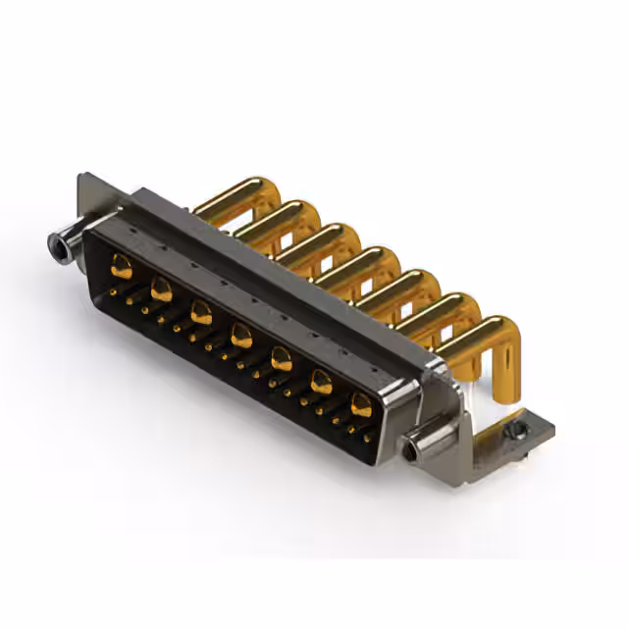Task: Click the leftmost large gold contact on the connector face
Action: point(122,265)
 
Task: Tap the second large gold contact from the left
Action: point(162,289)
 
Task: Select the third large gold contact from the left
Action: point(201,313)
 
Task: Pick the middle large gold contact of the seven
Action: point(241,338)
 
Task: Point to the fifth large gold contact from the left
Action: point(282,359)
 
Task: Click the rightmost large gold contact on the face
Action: point(361,405)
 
